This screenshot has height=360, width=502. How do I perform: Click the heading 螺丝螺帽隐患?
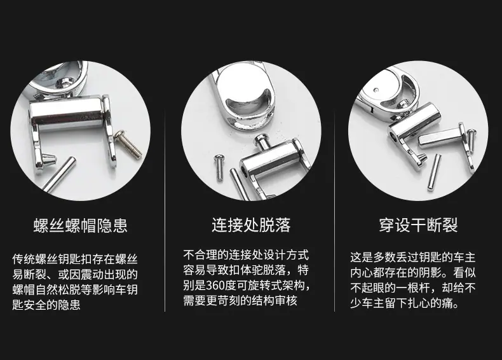coord(80,225)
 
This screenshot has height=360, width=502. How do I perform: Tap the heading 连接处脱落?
coord(251,225)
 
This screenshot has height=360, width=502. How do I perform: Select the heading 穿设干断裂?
coord(418,225)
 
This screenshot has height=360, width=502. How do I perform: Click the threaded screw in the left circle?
coord(128,144)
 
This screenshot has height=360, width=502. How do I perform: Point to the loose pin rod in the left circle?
coord(59,174)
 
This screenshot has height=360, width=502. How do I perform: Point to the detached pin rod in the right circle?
coord(434,172)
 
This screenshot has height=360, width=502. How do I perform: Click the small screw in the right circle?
coord(471,141)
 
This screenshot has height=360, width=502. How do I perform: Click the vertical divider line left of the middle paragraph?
coord(165,211)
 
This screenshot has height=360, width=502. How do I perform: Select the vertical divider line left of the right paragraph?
coord(334,211)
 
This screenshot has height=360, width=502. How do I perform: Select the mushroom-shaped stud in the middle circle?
coord(263,142)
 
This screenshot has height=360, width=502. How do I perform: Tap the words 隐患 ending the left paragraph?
coord(69,305)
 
